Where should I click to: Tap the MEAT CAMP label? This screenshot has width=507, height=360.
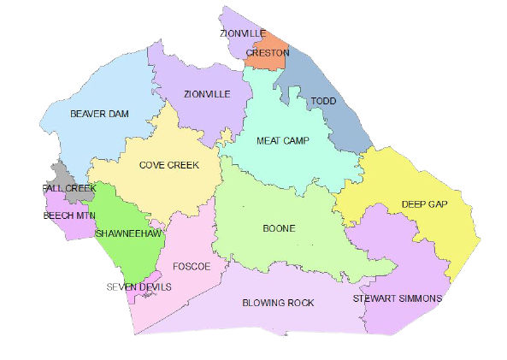pyautogui.click(x=283, y=140)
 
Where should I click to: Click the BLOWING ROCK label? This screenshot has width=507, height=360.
pyautogui.click(x=278, y=303)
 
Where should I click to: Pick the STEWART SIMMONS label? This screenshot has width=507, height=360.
pyautogui.click(x=398, y=298)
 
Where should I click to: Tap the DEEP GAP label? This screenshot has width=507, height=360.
pyautogui.click(x=425, y=204)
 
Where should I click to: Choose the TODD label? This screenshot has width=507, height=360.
pyautogui.click(x=323, y=102)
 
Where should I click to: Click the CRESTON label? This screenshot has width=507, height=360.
pyautogui.click(x=267, y=53)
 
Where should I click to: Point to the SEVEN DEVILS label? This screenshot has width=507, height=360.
pyautogui.click(x=139, y=286)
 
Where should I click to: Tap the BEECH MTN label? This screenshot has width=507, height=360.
pyautogui.click(x=69, y=215)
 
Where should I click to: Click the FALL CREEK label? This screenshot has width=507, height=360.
pyautogui.click(x=68, y=188)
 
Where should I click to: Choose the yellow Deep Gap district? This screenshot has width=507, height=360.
pyautogui.click(x=427, y=184)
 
